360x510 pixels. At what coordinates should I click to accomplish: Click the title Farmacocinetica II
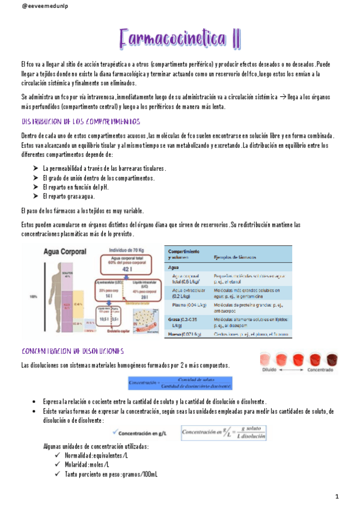[180, 40]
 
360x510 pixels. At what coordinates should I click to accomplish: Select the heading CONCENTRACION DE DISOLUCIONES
[73, 351]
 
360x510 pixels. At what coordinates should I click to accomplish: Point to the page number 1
[337, 496]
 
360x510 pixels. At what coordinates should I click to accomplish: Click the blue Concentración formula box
[181, 383]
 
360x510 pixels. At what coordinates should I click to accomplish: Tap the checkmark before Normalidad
[57, 456]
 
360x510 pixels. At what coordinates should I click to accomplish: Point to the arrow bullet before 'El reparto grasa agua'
[35, 196]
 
